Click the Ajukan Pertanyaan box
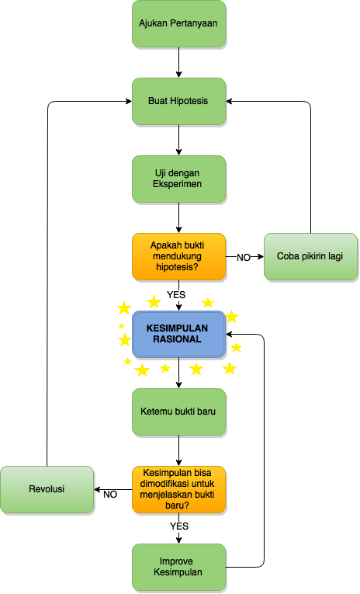pos(178,23)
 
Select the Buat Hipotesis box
pos(178,101)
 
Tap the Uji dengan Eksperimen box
pos(178,179)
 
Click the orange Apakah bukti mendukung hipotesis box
pos(178,256)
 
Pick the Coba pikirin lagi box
pos(310,256)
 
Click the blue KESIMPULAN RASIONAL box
pos(178,334)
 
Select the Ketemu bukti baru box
pos(178,412)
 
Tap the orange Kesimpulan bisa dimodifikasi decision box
pos(178,489)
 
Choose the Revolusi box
pos(47,489)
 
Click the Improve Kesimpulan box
pos(178,567)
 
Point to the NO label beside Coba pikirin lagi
pos(244,258)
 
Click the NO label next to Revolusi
pos(110,495)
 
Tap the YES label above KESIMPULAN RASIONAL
pos(176,295)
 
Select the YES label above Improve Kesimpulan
pos(179,526)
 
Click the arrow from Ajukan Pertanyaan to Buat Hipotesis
pos(178,63)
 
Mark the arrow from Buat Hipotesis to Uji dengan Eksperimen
pos(178,141)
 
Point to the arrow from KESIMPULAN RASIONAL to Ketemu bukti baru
pos(178,373)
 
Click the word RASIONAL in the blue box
pos(177,339)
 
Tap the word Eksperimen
pos(177,184)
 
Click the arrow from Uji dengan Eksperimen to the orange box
pos(178,218)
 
